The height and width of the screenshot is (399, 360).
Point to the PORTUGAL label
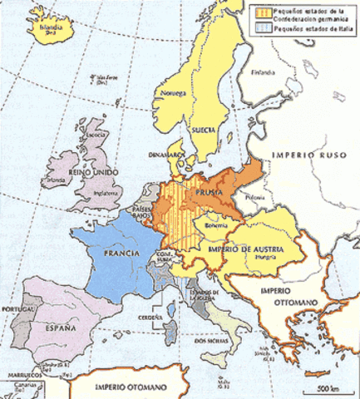pyautogui.click(x=17, y=311)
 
